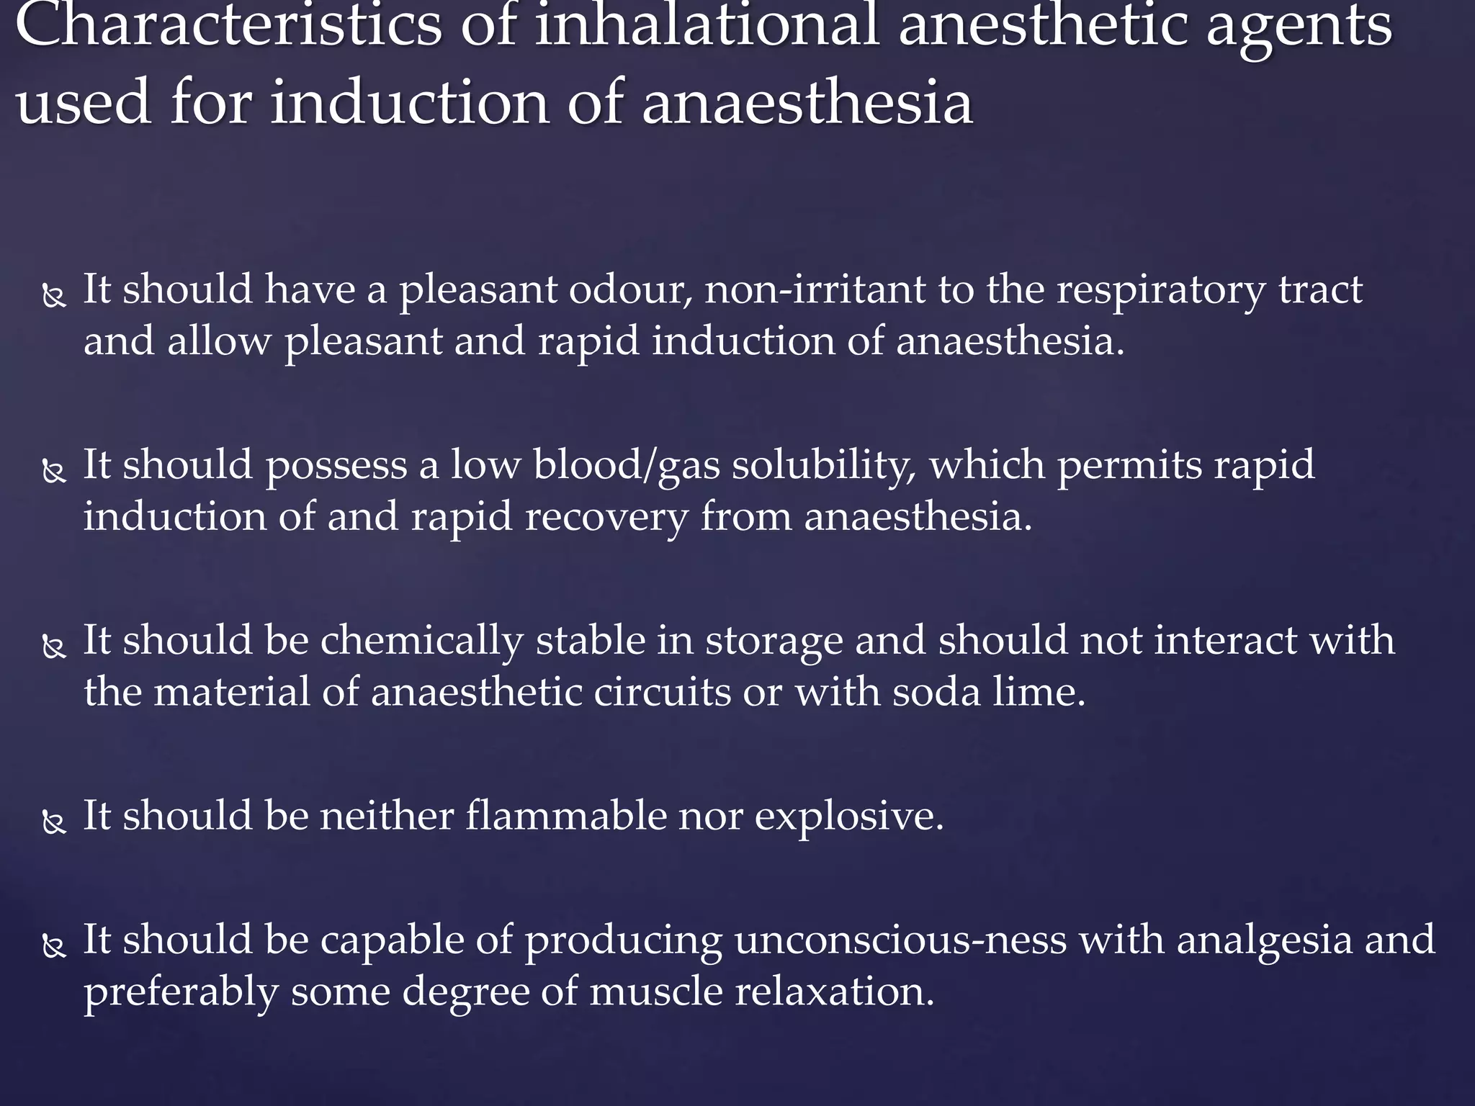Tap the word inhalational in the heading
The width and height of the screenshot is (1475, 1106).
pyautogui.click(x=706, y=27)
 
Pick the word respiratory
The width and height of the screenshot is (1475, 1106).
pyautogui.click(x=1160, y=291)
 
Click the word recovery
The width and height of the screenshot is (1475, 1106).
pyautogui.click(x=606, y=517)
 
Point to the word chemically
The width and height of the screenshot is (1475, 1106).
pyautogui.click(x=421, y=641)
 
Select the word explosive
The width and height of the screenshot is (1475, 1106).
pyautogui.click(x=849, y=817)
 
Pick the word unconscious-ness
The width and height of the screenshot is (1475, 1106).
pyautogui.click(x=900, y=940)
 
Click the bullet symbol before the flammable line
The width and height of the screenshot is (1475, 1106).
pyautogui.click(x=54, y=822)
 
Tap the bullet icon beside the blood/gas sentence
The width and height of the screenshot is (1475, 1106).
pyautogui.click(x=54, y=472)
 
